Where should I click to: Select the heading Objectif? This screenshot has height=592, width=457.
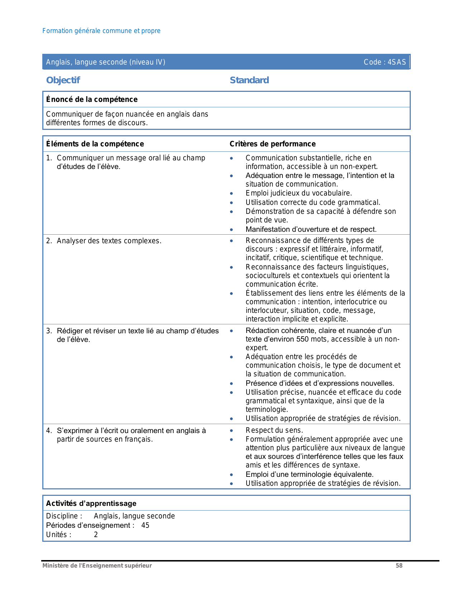63,80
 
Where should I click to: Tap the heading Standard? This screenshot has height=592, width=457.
249,80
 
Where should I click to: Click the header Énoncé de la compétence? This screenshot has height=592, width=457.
92,99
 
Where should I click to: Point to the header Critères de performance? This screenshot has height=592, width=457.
272,144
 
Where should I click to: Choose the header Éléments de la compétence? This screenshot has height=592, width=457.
95,144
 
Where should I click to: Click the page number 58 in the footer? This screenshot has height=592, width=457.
399,565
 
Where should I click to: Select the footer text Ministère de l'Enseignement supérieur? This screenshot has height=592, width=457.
97,565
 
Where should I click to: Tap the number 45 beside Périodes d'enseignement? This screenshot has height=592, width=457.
145,525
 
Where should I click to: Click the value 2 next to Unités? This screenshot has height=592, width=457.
96,535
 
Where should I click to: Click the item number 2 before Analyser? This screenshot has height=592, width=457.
49,241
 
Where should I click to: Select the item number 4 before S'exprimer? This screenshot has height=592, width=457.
49,431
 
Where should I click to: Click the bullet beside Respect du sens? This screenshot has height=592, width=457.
232,431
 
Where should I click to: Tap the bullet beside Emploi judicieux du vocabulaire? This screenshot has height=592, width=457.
232,194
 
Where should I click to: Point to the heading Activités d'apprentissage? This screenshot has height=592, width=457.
91,503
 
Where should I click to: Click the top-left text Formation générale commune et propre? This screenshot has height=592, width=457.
101,31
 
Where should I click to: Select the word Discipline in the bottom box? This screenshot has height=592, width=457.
62,516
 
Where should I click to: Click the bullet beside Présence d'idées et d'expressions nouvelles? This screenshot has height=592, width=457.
232,384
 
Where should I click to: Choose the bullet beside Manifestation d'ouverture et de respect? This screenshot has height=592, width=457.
232,230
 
